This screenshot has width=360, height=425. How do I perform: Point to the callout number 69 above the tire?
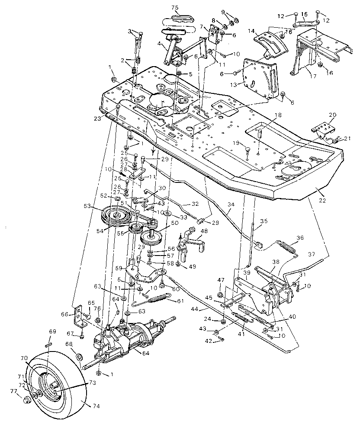click(52, 331)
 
